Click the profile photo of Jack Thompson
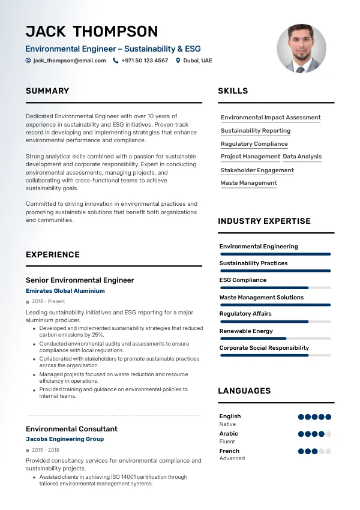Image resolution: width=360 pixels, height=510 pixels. coord(302,49)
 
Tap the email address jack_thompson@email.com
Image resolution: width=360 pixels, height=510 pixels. coord(70,61)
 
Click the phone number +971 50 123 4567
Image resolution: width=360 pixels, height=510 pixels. coord(145,61)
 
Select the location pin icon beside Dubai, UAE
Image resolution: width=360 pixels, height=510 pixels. coord(178,61)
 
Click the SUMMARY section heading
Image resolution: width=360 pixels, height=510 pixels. coord(47,91)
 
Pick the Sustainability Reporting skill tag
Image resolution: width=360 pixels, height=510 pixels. coord(256,131)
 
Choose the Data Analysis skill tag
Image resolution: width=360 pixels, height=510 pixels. coord(302,157)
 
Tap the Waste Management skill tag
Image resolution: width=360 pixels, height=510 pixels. coord(248,183)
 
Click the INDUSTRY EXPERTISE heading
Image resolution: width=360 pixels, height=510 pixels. coord(264,221)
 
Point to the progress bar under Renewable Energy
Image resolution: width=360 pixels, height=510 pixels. coord(275,338)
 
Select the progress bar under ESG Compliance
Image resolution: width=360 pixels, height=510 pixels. coord(275,288)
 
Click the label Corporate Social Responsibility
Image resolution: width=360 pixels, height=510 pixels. coord(264,348)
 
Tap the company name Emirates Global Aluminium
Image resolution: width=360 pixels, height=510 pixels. coord(65,291)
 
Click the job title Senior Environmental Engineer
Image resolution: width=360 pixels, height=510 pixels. coord(80,280)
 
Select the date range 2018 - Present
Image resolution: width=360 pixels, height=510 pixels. coord(49,302)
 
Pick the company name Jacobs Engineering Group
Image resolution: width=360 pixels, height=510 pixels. coord(65,439)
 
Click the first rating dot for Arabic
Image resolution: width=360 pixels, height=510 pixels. coord(301,434)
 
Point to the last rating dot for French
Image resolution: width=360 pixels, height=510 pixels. coord(328,451)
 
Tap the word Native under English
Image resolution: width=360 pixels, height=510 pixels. coord(227,424)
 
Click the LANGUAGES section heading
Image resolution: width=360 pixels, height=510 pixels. coord(244,391)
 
